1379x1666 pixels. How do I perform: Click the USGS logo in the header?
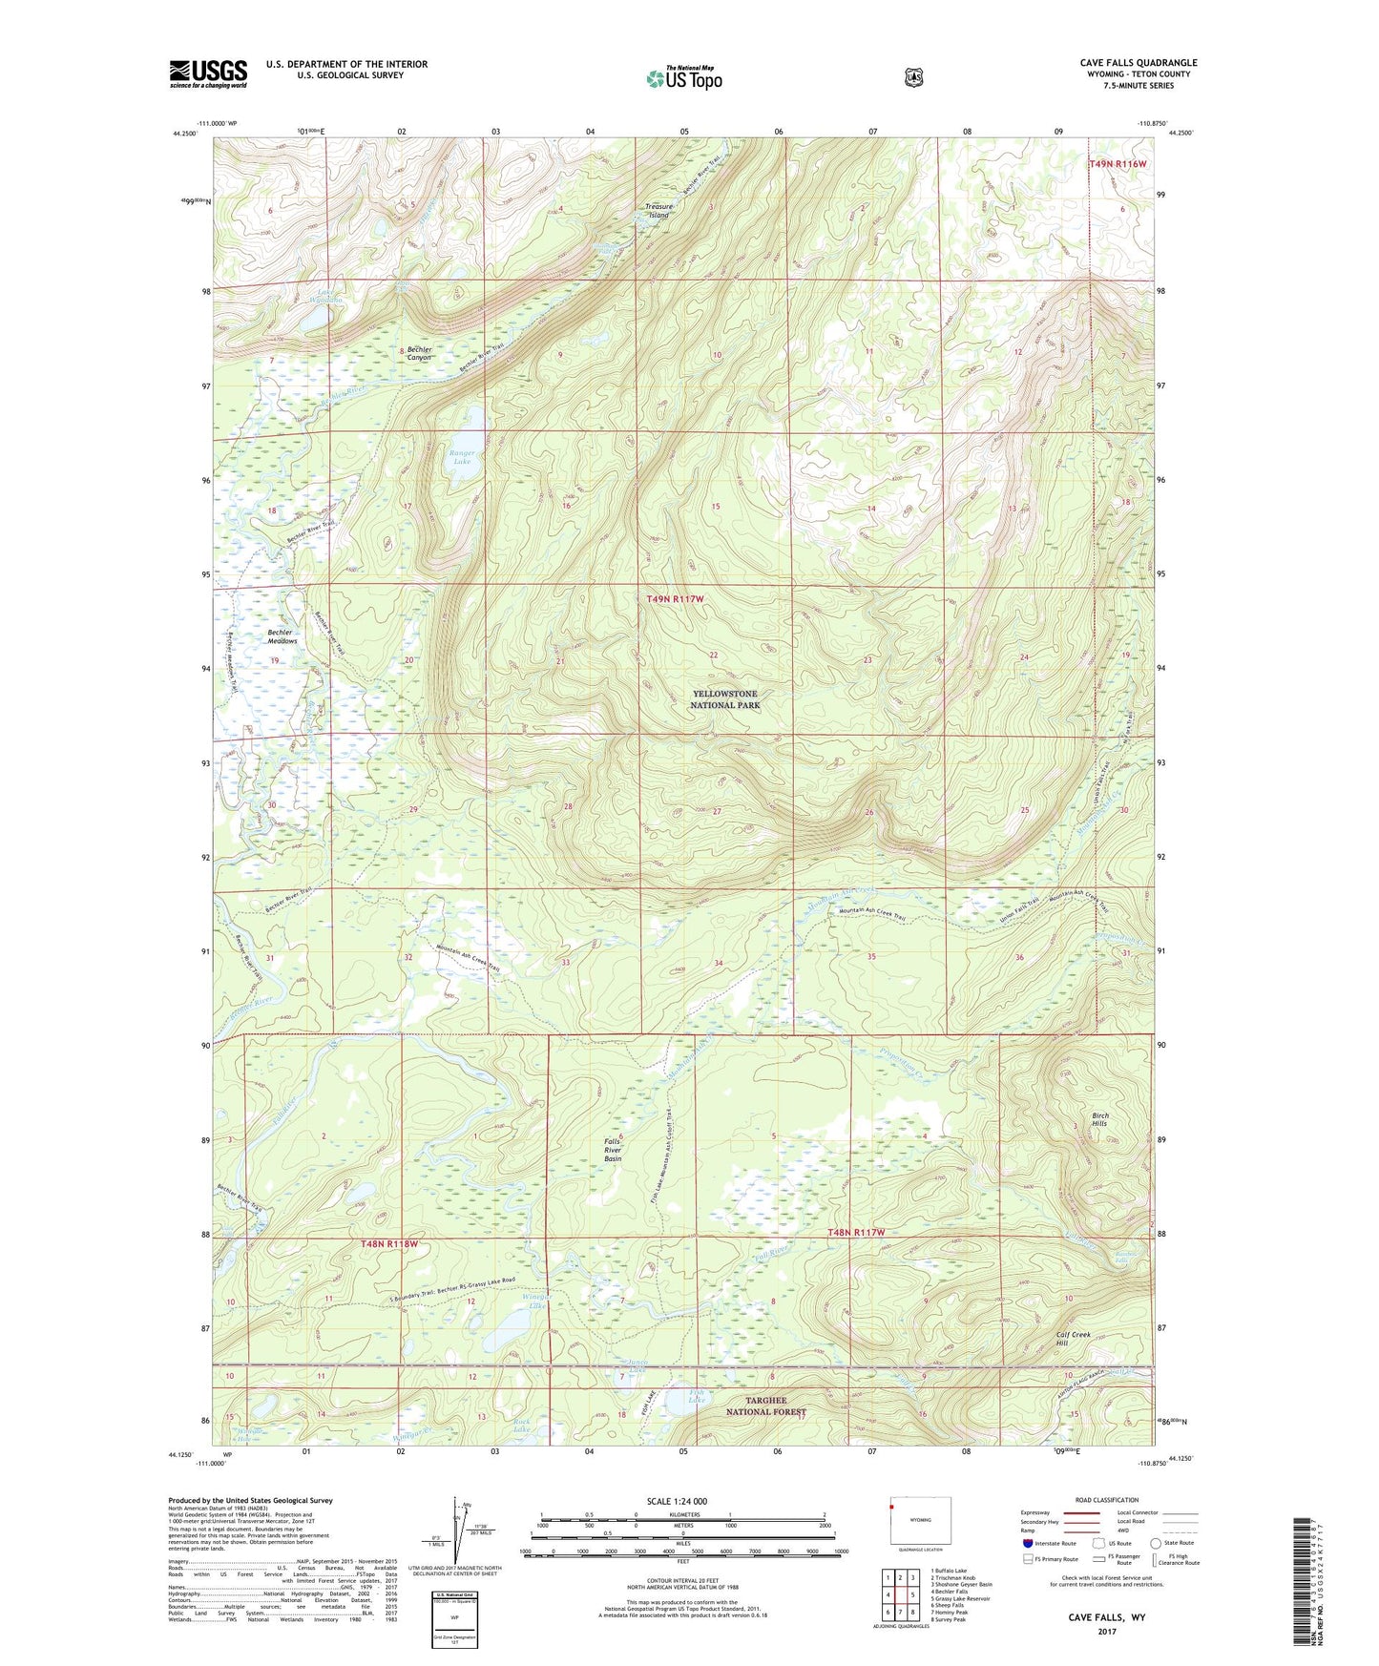208,73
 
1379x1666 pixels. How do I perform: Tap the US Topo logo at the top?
683,78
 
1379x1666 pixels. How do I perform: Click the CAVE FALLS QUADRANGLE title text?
1138,63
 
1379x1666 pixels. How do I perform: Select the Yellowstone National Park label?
725,699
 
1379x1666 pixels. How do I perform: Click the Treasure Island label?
658,211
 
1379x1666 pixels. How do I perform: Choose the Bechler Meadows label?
282,636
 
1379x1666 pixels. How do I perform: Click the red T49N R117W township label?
675,599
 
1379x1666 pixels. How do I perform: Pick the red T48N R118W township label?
389,1244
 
